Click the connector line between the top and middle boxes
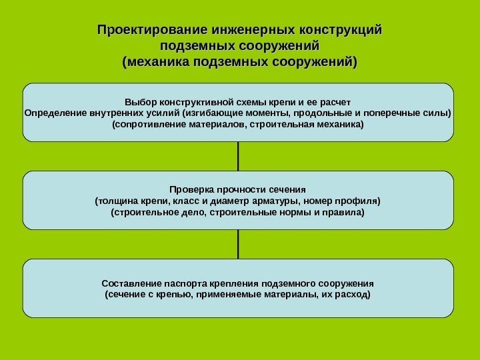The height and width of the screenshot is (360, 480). click(x=238, y=157)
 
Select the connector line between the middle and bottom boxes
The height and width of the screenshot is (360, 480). click(x=238, y=245)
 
